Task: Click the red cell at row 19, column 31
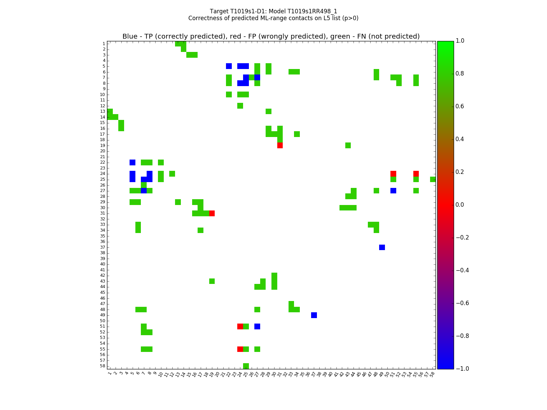pos(280,145)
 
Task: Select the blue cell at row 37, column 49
pos(382,247)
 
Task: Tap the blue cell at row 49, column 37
pos(314,315)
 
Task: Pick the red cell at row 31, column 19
pos(212,213)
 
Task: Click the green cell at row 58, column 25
pos(246,366)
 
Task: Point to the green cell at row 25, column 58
pos(433,179)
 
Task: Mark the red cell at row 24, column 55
pos(416,174)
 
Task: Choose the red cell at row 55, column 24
pos(240,349)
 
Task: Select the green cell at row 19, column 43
pos(348,145)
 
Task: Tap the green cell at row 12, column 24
pos(240,106)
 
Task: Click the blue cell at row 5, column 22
pos(229,66)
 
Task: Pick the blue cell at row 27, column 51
pos(393,191)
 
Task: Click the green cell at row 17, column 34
pos(297,134)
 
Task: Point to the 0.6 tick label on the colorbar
pos(460,106)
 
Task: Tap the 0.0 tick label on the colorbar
pos(460,205)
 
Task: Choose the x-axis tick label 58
pos(432,374)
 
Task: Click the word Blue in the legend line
pos(130,37)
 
